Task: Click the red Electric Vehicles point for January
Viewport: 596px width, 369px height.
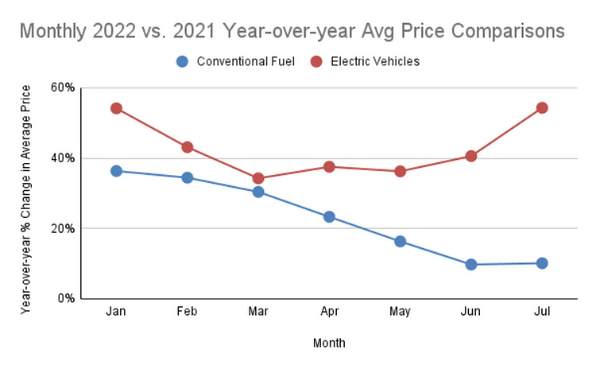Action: tap(116, 108)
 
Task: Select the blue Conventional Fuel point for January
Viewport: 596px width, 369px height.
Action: tap(116, 171)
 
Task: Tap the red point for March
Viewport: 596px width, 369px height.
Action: tap(258, 178)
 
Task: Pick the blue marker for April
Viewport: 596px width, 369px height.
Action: tap(329, 217)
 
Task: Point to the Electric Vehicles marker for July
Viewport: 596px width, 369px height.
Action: tap(542, 108)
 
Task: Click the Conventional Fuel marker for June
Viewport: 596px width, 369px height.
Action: tap(471, 264)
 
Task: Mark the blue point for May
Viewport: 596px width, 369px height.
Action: tap(400, 241)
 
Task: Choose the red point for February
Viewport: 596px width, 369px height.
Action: tap(187, 147)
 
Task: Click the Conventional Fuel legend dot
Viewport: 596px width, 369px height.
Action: tap(183, 61)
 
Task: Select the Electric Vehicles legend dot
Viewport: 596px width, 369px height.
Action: tap(316, 61)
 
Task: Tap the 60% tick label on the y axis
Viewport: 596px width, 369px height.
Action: tap(63, 87)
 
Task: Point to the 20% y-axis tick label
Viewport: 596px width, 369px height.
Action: tap(63, 228)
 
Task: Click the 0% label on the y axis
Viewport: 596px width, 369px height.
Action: tap(66, 299)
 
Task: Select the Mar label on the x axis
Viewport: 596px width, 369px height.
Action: tap(258, 312)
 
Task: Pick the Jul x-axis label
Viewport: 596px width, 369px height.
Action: tap(542, 312)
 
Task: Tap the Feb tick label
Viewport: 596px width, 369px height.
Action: tap(187, 312)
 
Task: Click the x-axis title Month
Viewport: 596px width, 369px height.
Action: tap(329, 343)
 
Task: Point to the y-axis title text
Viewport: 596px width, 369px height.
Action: tap(25, 200)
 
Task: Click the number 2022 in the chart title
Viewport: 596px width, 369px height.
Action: tap(114, 31)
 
